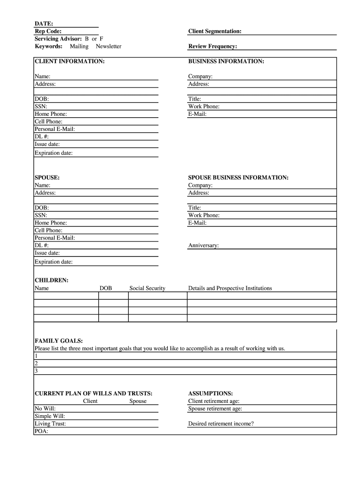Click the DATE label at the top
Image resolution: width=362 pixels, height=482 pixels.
pyautogui.click(x=44, y=24)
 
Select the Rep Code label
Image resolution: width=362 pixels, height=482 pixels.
pyautogui.click(x=47, y=31)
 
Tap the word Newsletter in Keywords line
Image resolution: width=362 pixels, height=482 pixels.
pyautogui.click(x=108, y=46)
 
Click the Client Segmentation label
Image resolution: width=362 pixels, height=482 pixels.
pyautogui.click(x=215, y=31)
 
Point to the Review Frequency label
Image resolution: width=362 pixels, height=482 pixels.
pyautogui.click(x=212, y=46)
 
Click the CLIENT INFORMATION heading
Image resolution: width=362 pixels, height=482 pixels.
pyautogui.click(x=70, y=61)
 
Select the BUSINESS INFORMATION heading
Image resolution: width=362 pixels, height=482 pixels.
pyautogui.click(x=226, y=61)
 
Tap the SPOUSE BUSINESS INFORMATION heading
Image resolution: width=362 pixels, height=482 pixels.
pyautogui.click(x=238, y=177)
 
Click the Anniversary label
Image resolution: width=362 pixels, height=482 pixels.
pyautogui.click(x=203, y=245)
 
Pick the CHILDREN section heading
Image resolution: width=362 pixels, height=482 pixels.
pyautogui.click(x=52, y=280)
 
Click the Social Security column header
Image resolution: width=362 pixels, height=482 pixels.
pyautogui.click(x=147, y=288)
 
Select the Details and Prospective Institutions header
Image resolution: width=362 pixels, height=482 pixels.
pyautogui.click(x=230, y=288)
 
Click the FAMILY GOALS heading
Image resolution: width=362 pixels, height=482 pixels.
pyautogui.click(x=59, y=340)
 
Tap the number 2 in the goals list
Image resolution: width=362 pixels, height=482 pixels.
pyautogui.click(x=36, y=363)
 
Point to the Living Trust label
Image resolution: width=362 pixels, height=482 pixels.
pyautogui.click(x=50, y=424)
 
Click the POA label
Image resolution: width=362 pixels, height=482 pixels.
pyautogui.click(x=41, y=431)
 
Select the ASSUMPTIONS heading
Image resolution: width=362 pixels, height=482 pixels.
pyautogui.click(x=210, y=393)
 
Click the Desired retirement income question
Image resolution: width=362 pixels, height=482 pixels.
pyautogui.click(x=221, y=424)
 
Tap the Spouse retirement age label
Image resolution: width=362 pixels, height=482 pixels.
pyautogui.click(x=215, y=409)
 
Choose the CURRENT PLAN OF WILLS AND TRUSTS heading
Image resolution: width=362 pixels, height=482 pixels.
pyautogui.click(x=94, y=393)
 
